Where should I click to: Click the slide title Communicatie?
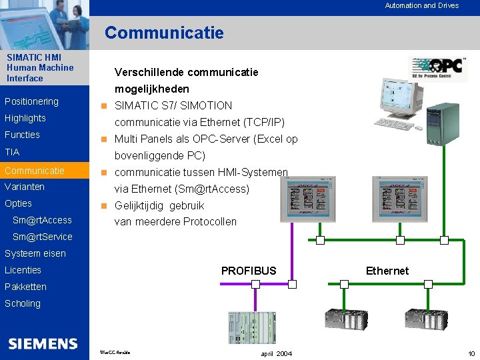point(164,33)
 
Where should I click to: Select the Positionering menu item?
point(31,101)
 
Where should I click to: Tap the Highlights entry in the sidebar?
point(25,118)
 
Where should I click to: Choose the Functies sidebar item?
point(22,135)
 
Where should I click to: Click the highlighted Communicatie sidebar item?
point(35,171)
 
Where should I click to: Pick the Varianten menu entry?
point(25,187)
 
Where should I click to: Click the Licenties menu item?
point(23,270)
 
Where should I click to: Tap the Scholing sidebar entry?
point(23,303)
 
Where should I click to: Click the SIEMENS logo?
point(43,343)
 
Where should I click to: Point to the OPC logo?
point(438,68)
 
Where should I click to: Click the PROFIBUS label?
point(248,271)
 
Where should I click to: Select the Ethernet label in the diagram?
point(387,271)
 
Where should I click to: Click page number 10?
point(471,353)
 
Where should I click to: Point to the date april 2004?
point(276,353)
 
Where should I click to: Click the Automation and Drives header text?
point(421,5)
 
